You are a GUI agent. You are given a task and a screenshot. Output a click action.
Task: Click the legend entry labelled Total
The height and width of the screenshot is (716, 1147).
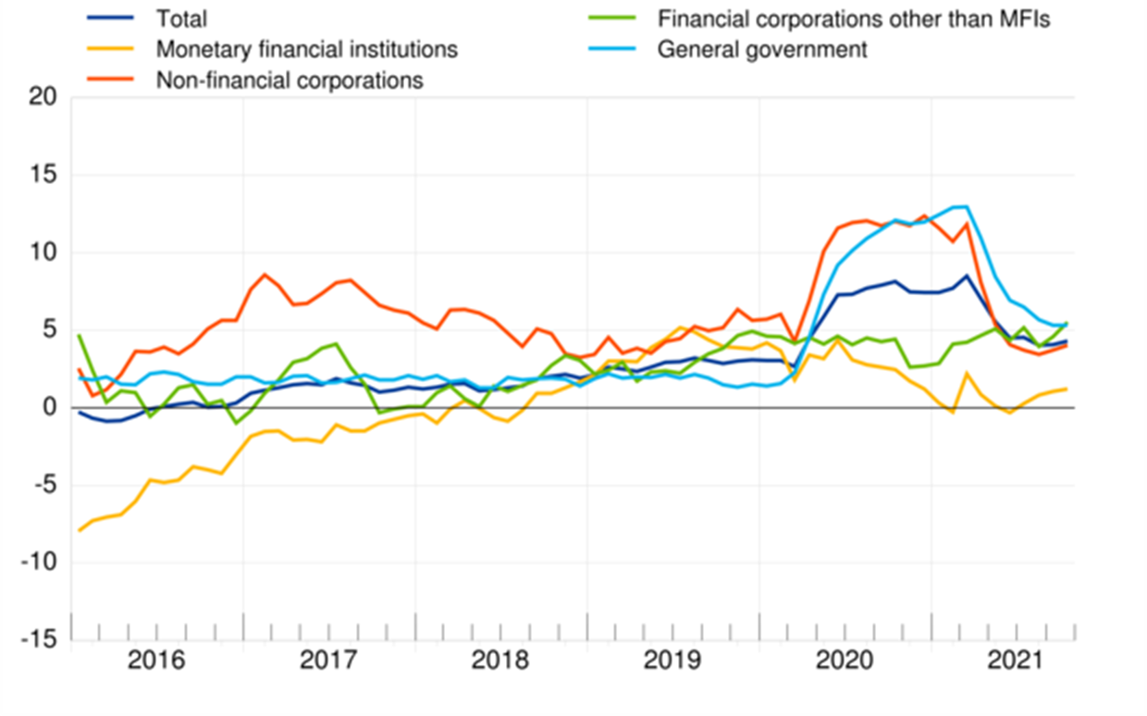[x=181, y=19]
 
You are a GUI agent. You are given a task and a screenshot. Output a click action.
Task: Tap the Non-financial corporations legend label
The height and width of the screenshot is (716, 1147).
[x=290, y=80]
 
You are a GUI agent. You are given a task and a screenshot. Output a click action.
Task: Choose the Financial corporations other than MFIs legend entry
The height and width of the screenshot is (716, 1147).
[x=854, y=19]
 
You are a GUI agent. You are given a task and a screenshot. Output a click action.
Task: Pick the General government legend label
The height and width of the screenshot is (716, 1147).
[x=762, y=49]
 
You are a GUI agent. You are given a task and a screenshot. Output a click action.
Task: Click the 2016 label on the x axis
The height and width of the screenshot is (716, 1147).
[x=157, y=662]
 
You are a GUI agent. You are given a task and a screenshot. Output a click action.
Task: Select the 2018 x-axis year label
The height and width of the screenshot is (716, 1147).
[x=500, y=662]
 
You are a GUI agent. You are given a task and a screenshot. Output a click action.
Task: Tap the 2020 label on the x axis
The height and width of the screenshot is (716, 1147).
[x=845, y=662]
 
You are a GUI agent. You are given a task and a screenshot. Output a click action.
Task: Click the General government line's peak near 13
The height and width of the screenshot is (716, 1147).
[x=966, y=206]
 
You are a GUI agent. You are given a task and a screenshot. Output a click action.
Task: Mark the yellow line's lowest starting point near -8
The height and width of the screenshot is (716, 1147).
[x=80, y=530]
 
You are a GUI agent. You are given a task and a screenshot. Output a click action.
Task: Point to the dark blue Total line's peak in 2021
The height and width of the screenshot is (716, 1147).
[x=966, y=275]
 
